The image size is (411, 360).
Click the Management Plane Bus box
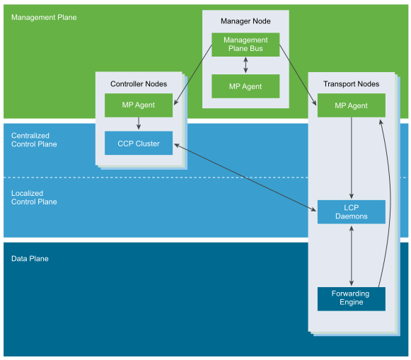point(245,45)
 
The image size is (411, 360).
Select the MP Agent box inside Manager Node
point(245,86)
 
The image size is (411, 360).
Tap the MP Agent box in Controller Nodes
point(139,105)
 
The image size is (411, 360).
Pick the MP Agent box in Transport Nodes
point(352,105)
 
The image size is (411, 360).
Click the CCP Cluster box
point(139,143)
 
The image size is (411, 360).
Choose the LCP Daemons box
point(352,212)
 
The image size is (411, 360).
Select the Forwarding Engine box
point(352,299)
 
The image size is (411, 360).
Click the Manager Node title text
point(245,21)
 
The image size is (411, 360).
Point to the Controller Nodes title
point(139,84)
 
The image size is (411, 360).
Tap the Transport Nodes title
point(352,84)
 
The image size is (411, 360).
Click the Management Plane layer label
point(44,17)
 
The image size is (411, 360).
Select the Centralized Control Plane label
point(34,139)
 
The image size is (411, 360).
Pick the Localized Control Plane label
point(34,197)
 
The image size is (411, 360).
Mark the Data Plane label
point(30,259)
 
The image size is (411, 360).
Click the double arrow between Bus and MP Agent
point(245,65)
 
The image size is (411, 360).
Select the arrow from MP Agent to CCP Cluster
point(139,123)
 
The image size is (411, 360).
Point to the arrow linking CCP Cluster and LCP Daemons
point(245,178)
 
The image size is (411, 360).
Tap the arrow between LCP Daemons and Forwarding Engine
point(352,256)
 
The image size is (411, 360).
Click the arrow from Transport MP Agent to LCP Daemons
point(352,158)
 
